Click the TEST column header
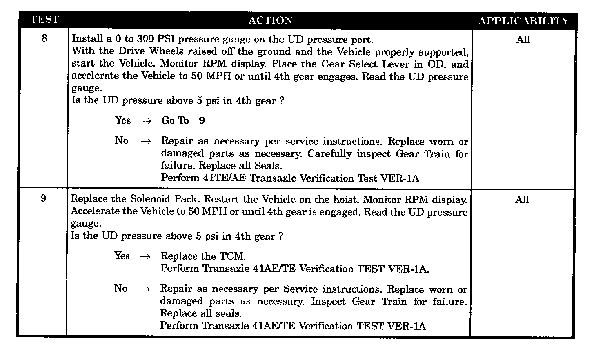pyautogui.click(x=44, y=20)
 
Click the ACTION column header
pyautogui.click(x=270, y=20)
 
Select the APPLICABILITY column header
pyautogui.click(x=523, y=21)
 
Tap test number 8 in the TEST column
pyautogui.click(x=44, y=38)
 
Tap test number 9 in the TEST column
pyautogui.click(x=44, y=199)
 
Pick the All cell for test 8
pyautogui.click(x=523, y=40)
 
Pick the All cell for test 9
pyautogui.click(x=522, y=200)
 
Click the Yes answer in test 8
pyautogui.click(x=123, y=120)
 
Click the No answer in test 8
pyautogui.click(x=122, y=141)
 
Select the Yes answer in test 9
pyautogui.click(x=122, y=256)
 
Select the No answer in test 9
pyautogui.click(x=121, y=289)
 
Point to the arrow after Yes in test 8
pyautogui.click(x=146, y=121)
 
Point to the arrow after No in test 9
pyautogui.click(x=145, y=289)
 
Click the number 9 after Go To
pyautogui.click(x=202, y=121)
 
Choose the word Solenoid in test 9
pyautogui.click(x=150, y=199)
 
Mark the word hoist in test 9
pyautogui.click(x=346, y=200)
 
